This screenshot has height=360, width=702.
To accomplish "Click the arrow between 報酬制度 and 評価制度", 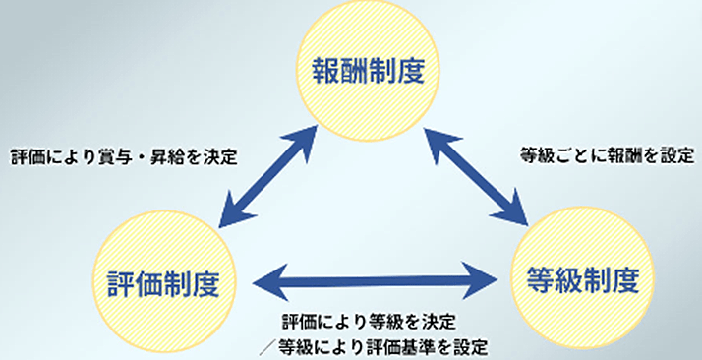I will (267, 177).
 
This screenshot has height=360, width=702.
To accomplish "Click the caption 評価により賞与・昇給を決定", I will (125, 156).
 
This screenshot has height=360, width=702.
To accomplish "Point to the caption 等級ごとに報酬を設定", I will (608, 155).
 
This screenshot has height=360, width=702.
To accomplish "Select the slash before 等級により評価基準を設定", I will (266, 346).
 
